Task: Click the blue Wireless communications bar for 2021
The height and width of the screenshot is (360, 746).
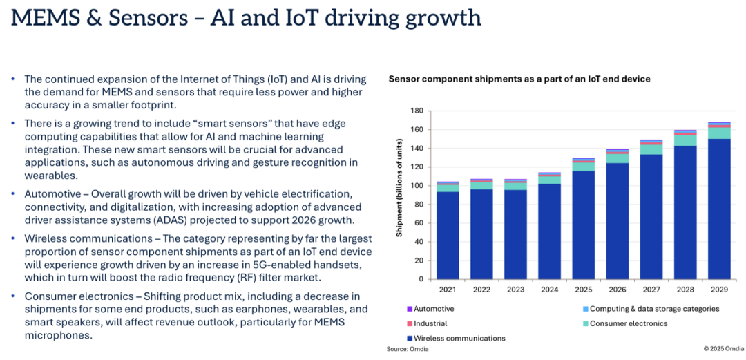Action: [x=448, y=235]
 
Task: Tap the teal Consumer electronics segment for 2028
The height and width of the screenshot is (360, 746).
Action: [x=685, y=140]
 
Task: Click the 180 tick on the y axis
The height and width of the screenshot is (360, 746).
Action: [x=417, y=111]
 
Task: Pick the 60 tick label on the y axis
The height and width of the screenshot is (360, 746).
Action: [x=419, y=223]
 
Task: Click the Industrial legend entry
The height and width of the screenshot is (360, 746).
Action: [x=432, y=323]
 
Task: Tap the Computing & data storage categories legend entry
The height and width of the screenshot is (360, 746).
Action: [x=653, y=309]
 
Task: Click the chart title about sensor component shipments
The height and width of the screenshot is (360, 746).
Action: [x=519, y=79]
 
